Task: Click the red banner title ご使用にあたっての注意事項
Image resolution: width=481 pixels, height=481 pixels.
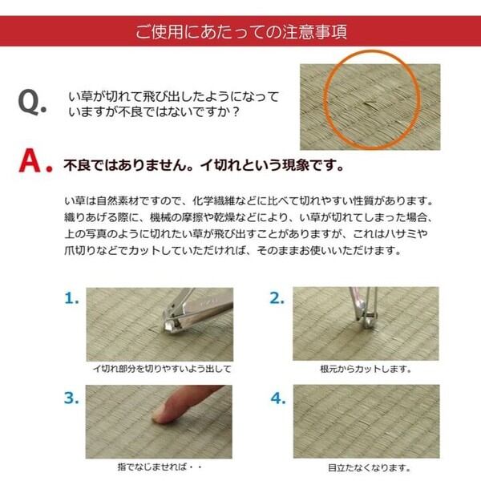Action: pyautogui.click(x=241, y=31)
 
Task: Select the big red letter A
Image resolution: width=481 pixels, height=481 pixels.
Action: pyautogui.click(x=30, y=160)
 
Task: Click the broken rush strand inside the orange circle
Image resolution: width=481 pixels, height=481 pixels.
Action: pyautogui.click(x=370, y=105)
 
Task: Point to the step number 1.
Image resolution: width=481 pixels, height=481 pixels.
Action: pyautogui.click(x=71, y=298)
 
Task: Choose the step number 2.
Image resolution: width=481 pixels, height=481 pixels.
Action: pyautogui.click(x=277, y=298)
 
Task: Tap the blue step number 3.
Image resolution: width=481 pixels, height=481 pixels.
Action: pyautogui.click(x=71, y=398)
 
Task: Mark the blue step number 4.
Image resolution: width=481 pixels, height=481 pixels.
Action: pyautogui.click(x=278, y=398)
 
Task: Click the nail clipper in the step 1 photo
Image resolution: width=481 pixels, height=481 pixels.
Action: pyautogui.click(x=193, y=309)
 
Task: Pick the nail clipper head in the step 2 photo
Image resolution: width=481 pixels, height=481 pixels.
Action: pyautogui.click(x=366, y=317)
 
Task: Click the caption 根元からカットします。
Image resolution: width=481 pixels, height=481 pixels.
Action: pyautogui.click(x=366, y=369)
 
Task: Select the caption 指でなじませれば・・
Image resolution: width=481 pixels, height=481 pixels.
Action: pyautogui.click(x=160, y=467)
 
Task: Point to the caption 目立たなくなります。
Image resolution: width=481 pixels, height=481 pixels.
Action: pyautogui.click(x=369, y=468)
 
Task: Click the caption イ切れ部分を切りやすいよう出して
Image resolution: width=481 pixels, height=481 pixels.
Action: pyautogui.click(x=162, y=369)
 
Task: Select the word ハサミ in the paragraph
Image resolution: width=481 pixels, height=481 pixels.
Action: pyautogui.click(x=401, y=234)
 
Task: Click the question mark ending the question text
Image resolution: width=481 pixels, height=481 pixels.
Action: pyautogui.click(x=236, y=112)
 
